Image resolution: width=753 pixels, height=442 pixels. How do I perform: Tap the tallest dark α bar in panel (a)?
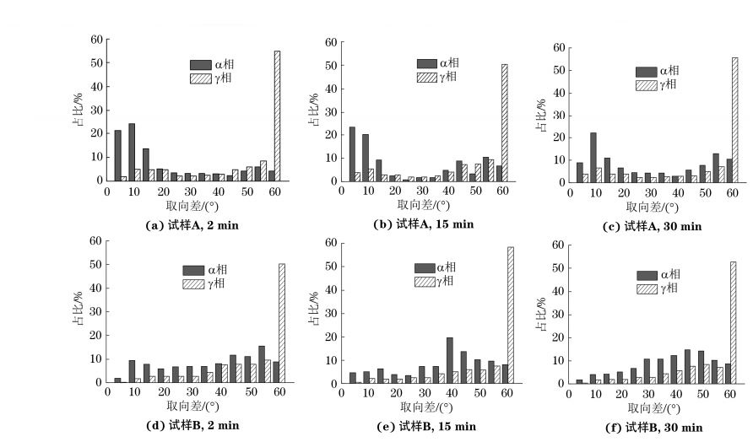click(132, 152)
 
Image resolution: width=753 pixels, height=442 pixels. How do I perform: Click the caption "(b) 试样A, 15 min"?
click(424, 224)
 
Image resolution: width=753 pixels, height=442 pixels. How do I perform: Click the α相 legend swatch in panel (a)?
click(201, 64)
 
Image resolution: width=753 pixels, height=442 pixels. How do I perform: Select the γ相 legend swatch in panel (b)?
click(427, 78)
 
